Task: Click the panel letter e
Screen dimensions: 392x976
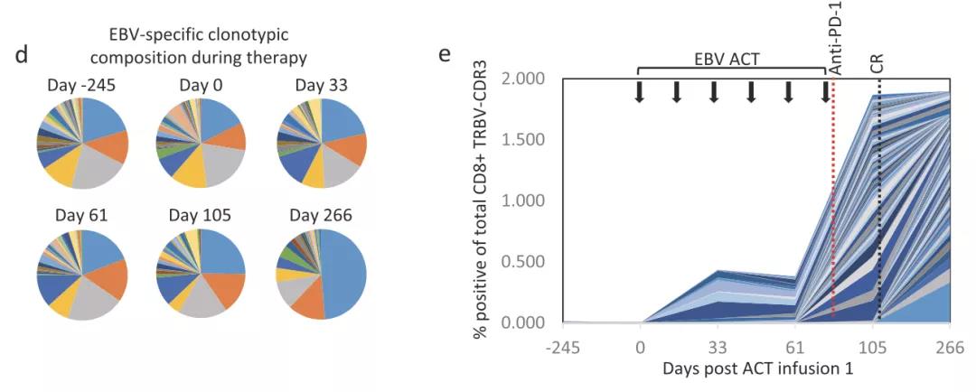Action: coord(444,53)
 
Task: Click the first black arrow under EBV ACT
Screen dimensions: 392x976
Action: coord(639,91)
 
